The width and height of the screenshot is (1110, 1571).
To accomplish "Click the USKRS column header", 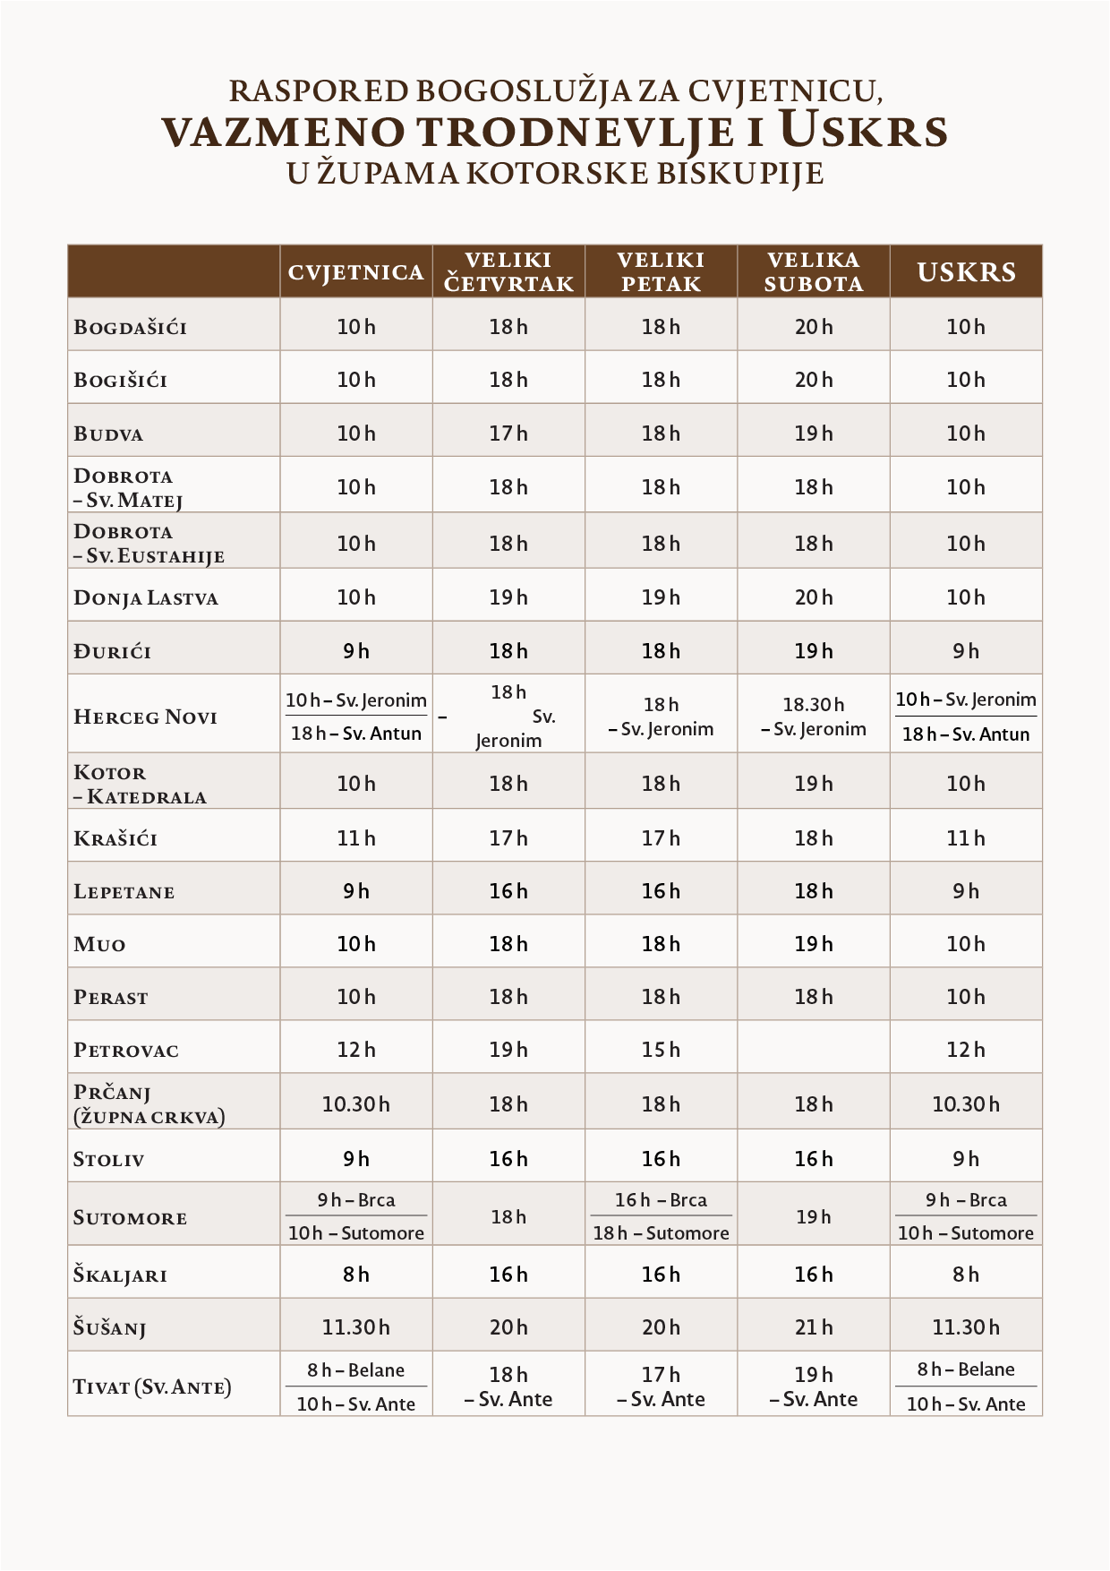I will (966, 272).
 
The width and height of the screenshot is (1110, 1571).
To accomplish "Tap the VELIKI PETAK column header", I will (661, 272).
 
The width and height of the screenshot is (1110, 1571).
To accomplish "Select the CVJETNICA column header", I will (355, 272).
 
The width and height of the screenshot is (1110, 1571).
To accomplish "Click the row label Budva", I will (108, 434).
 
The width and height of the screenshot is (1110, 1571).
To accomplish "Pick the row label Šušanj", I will (109, 1328).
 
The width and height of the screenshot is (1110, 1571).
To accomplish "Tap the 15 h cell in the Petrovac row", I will (661, 1049).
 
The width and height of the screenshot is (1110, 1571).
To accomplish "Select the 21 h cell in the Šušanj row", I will (813, 1327).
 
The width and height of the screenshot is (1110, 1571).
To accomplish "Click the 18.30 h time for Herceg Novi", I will (813, 705).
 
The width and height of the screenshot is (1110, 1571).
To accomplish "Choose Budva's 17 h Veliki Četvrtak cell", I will (508, 434).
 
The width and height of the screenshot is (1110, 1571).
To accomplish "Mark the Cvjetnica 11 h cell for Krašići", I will (355, 838).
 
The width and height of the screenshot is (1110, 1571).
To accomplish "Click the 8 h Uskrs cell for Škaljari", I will (966, 1275).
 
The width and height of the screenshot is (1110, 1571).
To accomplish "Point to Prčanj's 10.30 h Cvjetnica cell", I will (355, 1104).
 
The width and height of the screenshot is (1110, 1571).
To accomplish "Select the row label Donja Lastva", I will (146, 598).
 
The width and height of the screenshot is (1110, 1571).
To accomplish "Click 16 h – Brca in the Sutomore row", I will (661, 1200).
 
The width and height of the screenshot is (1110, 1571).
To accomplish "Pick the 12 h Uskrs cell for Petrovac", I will (966, 1049).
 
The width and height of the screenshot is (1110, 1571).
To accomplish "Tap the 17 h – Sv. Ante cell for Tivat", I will (661, 1386).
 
